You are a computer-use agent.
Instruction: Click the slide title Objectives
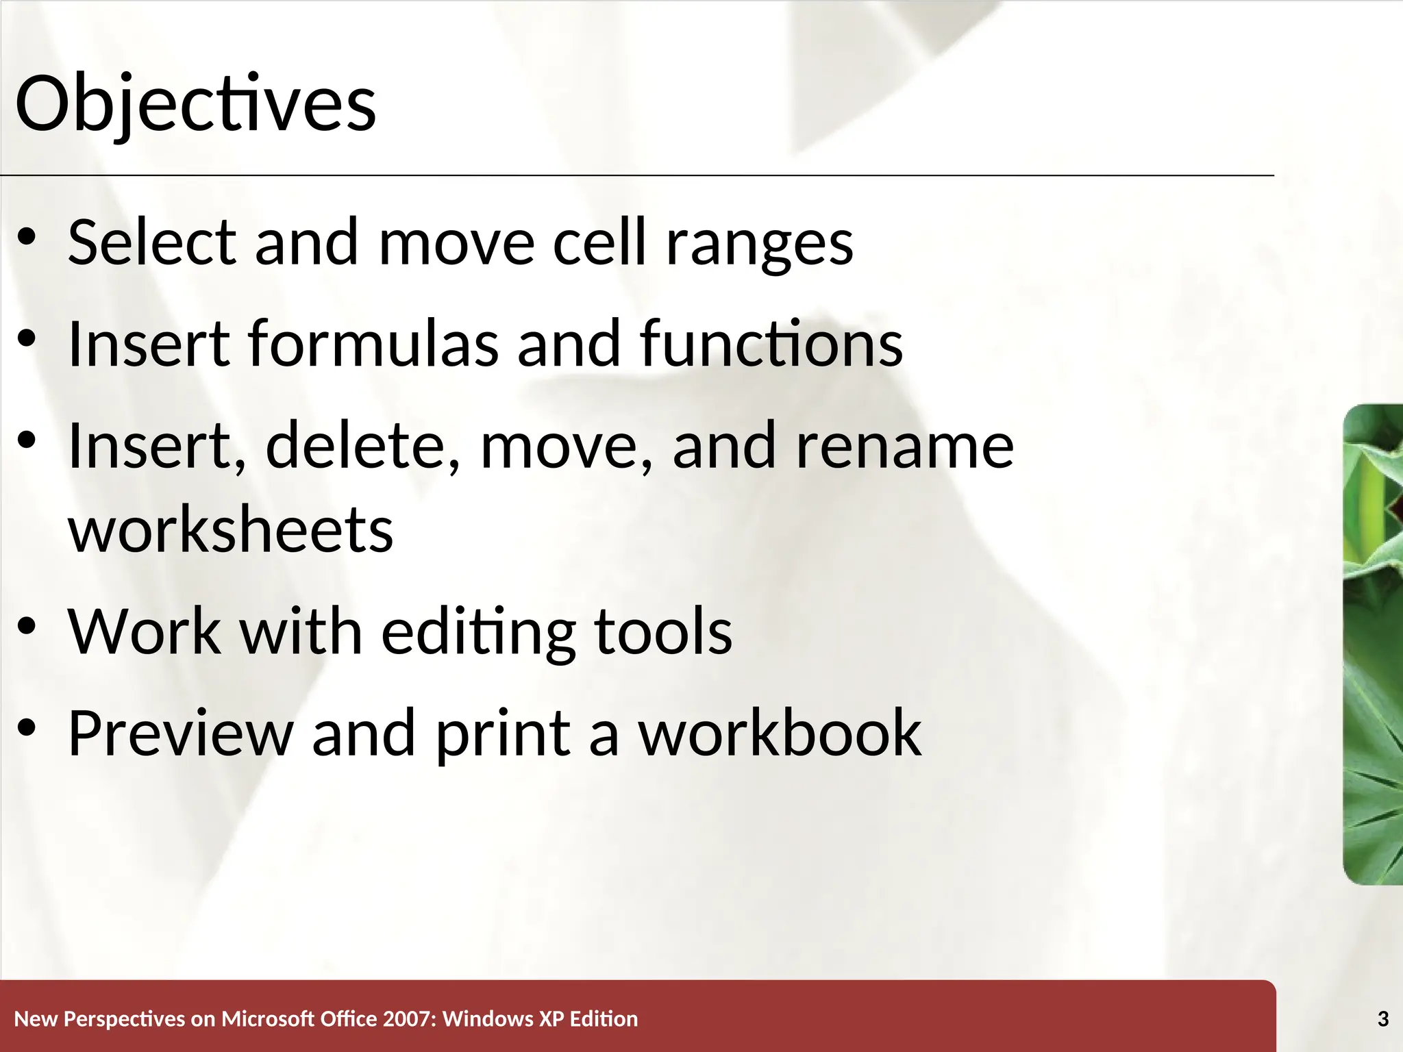[x=195, y=104]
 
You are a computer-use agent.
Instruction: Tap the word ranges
[x=760, y=245]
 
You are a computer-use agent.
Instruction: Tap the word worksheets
[x=231, y=530]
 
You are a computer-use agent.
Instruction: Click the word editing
[x=478, y=633]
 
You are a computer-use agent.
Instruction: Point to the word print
[x=503, y=736]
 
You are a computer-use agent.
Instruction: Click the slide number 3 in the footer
[x=1383, y=1019]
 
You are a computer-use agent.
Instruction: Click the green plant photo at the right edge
[x=1373, y=644]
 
